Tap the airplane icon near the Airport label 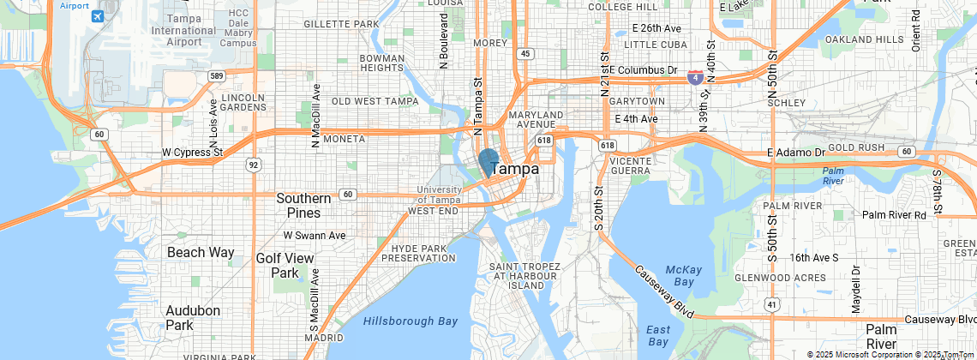point(97,16)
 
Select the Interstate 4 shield point(695,77)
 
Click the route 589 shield point(217,76)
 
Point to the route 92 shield point(253,163)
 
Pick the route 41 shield point(772,303)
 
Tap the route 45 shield point(525,53)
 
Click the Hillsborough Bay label point(410,321)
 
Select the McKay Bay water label point(683,275)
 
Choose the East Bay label point(658,336)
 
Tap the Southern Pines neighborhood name point(303,205)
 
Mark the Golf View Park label point(285,266)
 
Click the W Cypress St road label point(192,153)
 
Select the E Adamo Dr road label point(795,152)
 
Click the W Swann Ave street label point(315,235)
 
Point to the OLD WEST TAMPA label point(375,101)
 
